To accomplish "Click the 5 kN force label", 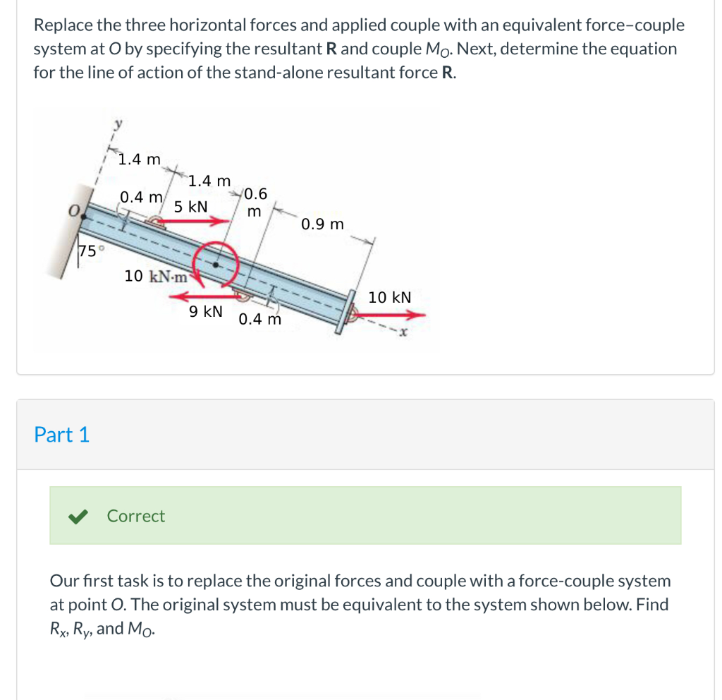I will click(x=190, y=207).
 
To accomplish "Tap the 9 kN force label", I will click(x=206, y=310).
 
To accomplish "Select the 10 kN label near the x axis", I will click(x=390, y=298).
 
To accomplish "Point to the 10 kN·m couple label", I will click(x=156, y=276).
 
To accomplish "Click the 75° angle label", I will click(x=92, y=251).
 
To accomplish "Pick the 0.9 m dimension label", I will click(x=322, y=224).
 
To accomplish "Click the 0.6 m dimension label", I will click(x=255, y=202).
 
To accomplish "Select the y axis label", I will click(x=118, y=124).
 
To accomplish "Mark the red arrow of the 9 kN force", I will click(x=204, y=297).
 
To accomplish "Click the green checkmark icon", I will click(x=77, y=517).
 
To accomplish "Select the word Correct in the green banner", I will click(x=136, y=516).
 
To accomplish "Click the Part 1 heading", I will click(x=62, y=435).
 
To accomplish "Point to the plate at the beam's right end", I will click(x=345, y=310).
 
